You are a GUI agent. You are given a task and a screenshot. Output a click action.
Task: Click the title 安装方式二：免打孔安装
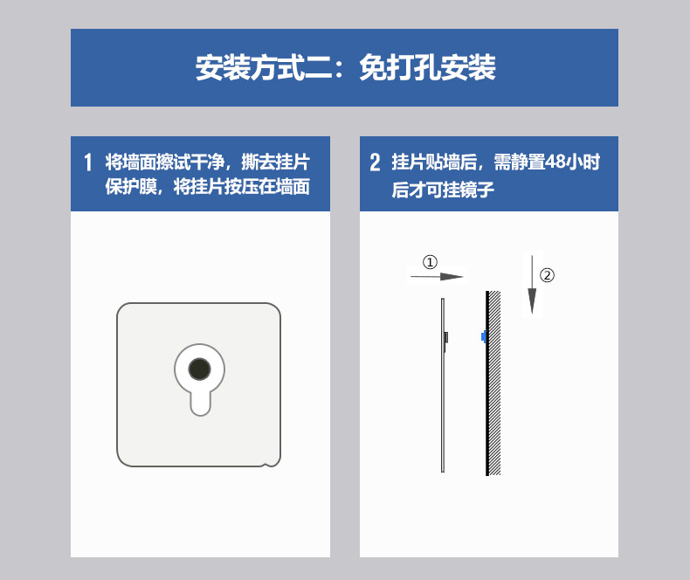click(345, 68)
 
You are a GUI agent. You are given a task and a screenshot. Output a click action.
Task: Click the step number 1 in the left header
click(87, 162)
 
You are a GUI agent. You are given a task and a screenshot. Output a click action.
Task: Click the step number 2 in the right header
click(376, 162)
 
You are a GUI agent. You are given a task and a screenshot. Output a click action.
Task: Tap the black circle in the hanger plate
click(199, 369)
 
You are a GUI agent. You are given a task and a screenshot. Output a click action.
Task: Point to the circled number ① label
click(430, 262)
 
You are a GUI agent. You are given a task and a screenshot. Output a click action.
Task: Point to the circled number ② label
click(547, 275)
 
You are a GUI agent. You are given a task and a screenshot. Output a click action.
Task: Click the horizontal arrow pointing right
click(437, 277)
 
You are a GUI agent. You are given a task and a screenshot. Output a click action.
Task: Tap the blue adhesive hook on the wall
click(483, 336)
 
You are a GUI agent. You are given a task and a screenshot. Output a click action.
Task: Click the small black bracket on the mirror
click(447, 337)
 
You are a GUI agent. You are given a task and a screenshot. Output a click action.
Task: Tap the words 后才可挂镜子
click(444, 189)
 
